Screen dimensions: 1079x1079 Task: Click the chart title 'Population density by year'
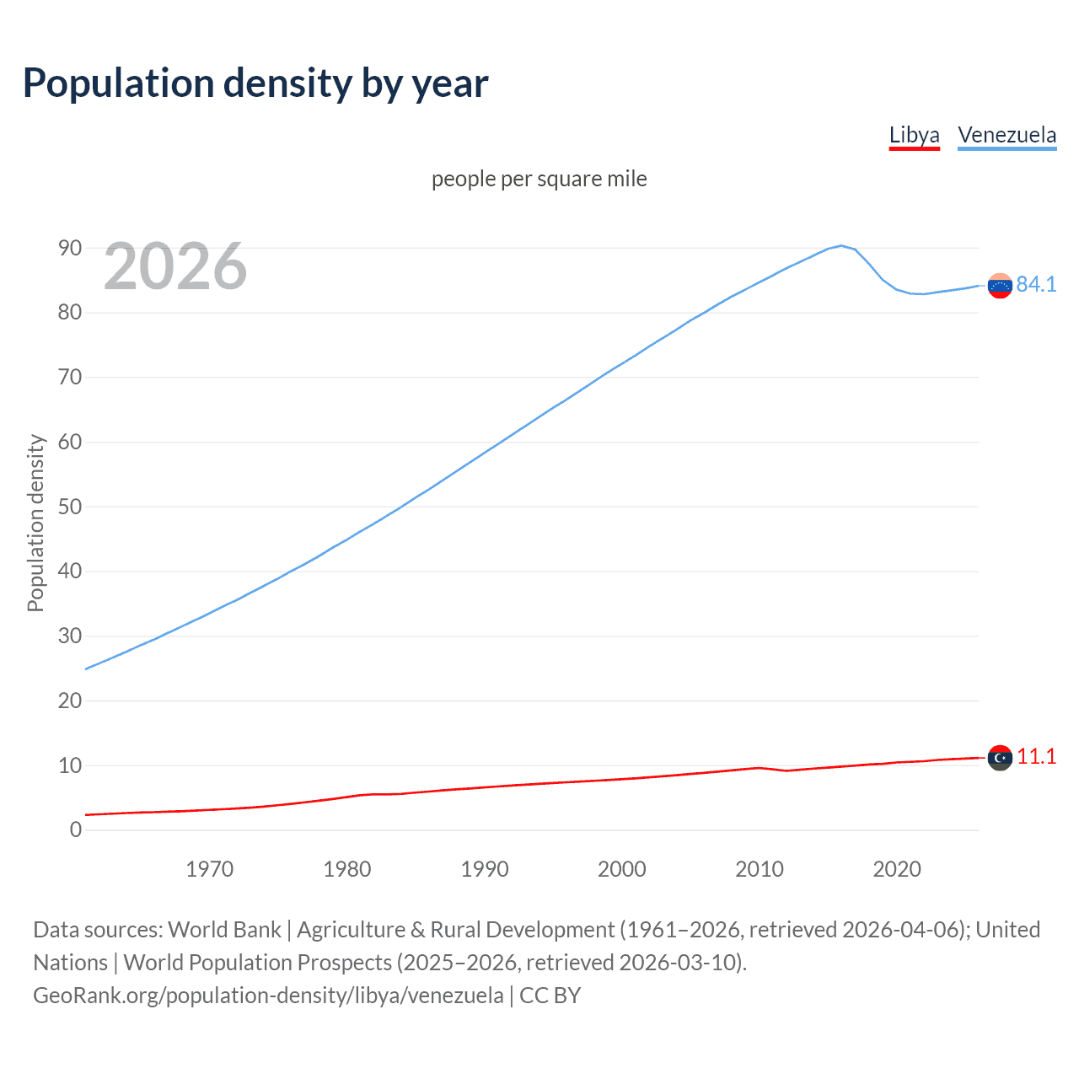[x=255, y=83]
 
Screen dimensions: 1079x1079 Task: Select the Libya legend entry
[x=914, y=135]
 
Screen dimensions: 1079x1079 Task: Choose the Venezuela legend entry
[x=1007, y=135]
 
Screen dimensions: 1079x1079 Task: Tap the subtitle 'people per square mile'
[x=539, y=179]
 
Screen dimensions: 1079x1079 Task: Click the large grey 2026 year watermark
[x=175, y=266]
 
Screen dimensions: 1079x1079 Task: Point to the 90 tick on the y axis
[x=70, y=248]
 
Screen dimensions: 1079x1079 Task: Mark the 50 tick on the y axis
[x=70, y=507]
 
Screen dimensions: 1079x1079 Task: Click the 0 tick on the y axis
[x=76, y=830]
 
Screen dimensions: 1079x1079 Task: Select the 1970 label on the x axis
[x=210, y=869]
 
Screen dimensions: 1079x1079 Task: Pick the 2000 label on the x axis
[x=622, y=869]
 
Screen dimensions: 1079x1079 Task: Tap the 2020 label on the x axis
[x=897, y=869]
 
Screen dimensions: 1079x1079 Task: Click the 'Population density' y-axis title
[x=35, y=523]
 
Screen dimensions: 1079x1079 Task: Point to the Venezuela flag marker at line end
[x=1000, y=286]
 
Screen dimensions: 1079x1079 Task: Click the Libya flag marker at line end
[x=1000, y=758]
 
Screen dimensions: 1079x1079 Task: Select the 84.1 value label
[x=1036, y=285]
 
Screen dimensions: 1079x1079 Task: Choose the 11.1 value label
[x=1036, y=757]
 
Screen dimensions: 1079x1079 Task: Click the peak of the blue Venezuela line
[x=841, y=245]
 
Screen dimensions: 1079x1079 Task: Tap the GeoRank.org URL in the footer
[x=268, y=996]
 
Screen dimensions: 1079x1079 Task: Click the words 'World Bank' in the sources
[x=224, y=930]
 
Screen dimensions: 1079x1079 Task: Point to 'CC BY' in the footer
[x=550, y=996]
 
